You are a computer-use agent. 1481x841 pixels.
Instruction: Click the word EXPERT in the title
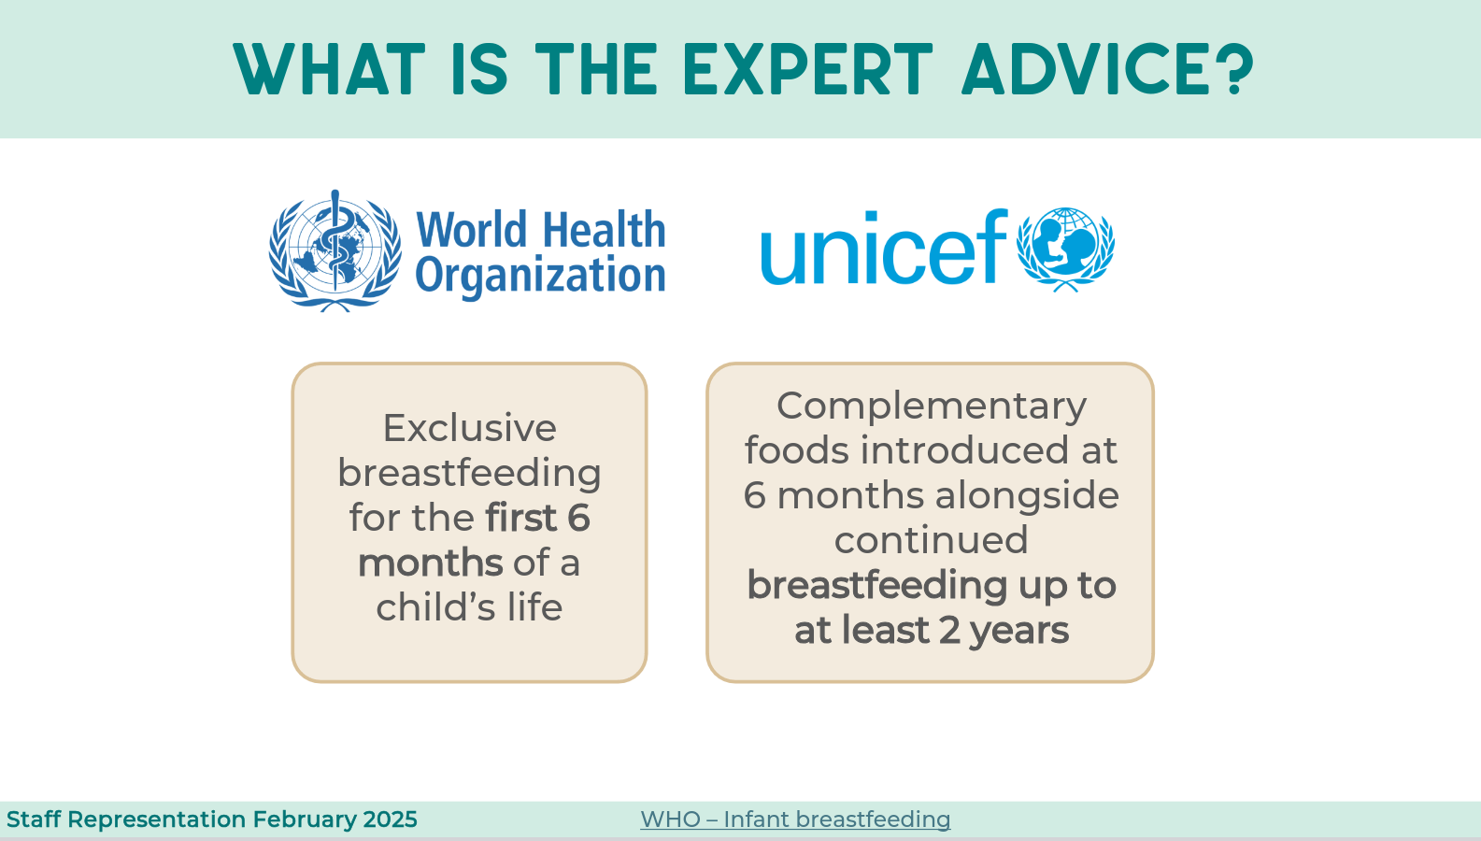click(x=808, y=69)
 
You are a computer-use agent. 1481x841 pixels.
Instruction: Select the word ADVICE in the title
click(x=1087, y=69)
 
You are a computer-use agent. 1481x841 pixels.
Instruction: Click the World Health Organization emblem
click(x=335, y=250)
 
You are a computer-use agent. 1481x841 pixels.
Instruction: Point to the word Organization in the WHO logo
click(x=540, y=276)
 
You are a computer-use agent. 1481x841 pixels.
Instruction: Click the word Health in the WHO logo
click(x=604, y=230)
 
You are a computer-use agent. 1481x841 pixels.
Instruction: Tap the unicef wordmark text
click(x=884, y=248)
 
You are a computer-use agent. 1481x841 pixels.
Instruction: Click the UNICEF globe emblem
click(x=1065, y=249)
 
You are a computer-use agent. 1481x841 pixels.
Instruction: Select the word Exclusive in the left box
click(x=469, y=428)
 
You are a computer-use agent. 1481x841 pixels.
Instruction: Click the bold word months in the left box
click(x=431, y=563)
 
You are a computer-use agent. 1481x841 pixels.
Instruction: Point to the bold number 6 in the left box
click(x=578, y=518)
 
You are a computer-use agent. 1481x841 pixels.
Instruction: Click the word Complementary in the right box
click(x=931, y=406)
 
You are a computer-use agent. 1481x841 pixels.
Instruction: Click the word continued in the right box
click(x=931, y=539)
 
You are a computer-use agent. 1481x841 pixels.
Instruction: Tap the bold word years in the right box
click(x=1018, y=632)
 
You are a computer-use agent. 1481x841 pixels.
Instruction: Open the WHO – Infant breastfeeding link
click(x=795, y=820)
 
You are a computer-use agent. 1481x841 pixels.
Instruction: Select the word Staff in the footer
click(x=34, y=820)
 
